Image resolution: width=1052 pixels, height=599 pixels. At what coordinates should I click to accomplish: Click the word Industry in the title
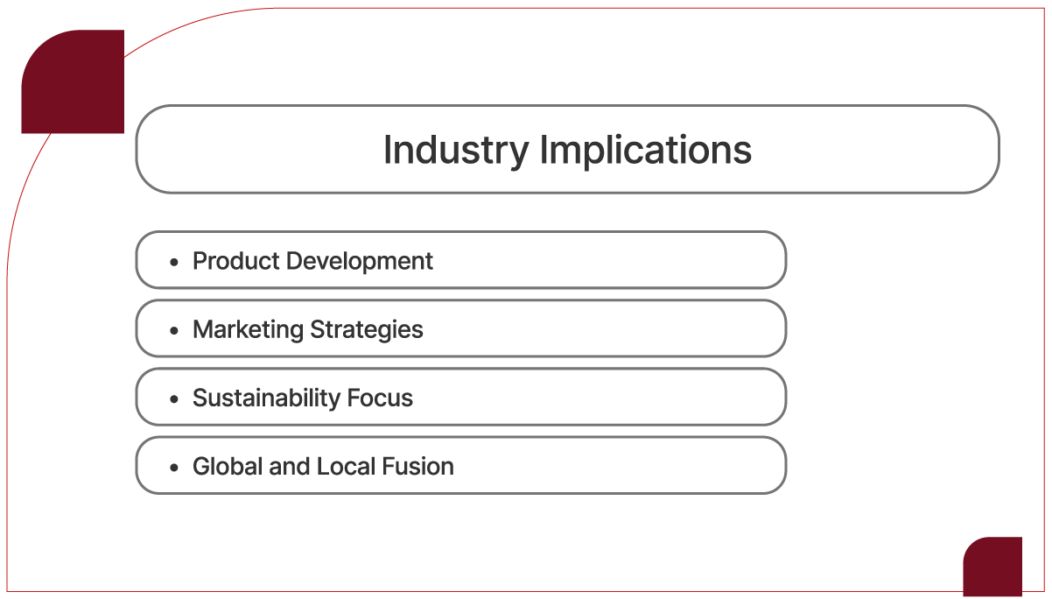456,150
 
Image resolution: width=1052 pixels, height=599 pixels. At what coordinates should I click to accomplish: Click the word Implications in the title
646,150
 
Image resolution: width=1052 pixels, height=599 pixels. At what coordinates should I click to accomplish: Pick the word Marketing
247,329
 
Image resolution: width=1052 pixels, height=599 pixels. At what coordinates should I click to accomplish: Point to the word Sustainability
266,398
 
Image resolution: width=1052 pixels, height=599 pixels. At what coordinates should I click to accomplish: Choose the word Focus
380,398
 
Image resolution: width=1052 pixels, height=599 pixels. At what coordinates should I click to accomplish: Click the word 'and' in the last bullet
289,466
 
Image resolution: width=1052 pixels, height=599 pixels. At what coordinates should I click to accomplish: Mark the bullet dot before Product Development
174,262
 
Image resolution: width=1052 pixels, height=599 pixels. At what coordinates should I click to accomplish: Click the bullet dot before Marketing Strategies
174,330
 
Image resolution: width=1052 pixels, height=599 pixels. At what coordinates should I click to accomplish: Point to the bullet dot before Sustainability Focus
174,398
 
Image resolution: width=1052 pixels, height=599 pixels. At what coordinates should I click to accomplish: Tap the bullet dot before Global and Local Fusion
174,467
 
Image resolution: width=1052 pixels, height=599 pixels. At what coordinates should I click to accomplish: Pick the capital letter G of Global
200,466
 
